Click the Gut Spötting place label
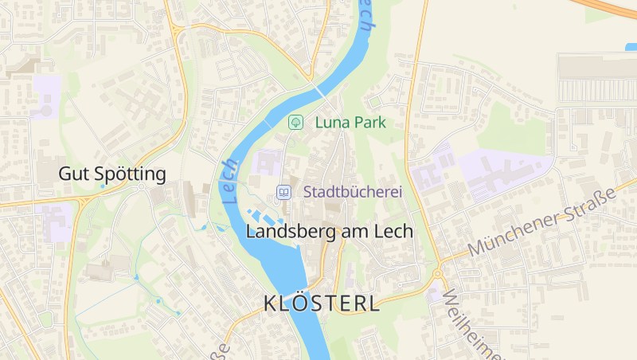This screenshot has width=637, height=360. (x=112, y=174)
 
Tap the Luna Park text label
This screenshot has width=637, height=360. (x=350, y=123)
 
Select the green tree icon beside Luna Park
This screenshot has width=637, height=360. (x=295, y=123)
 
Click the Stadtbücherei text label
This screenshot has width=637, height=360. (x=351, y=192)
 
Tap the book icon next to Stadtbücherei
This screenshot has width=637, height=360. (x=283, y=192)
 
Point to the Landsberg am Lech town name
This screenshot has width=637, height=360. (x=330, y=232)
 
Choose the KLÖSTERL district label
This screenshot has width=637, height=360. (x=321, y=303)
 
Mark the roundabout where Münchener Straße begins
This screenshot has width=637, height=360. (x=437, y=273)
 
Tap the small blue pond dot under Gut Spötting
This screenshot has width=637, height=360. (x=103, y=186)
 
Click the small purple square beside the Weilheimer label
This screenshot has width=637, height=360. (x=432, y=295)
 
